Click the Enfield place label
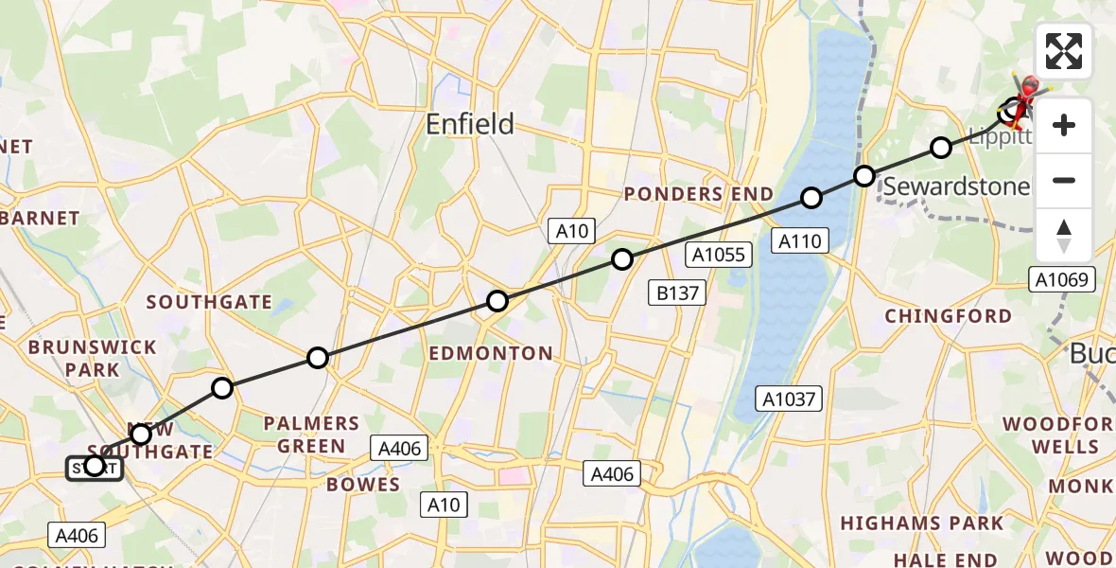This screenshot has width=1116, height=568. coord(470,124)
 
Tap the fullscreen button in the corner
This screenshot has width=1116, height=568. coord(1064,51)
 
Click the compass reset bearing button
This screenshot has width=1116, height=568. coord(1064,236)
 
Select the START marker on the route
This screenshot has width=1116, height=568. coord(94,467)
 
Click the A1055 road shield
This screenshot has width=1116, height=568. coord(720,254)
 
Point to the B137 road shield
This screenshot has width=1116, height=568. coord(678,293)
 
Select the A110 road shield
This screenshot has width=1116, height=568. coord(799,240)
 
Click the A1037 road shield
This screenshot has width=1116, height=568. coord(790,399)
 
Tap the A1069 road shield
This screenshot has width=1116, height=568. coord(1063,278)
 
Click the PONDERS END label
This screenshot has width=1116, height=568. coord(698,195)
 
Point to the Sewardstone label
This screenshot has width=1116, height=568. coord(956,186)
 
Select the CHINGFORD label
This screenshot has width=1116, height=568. coord(948,316)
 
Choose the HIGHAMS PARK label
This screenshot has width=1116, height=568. coord(921,524)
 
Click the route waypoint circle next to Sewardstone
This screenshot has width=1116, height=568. coord(864,176)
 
